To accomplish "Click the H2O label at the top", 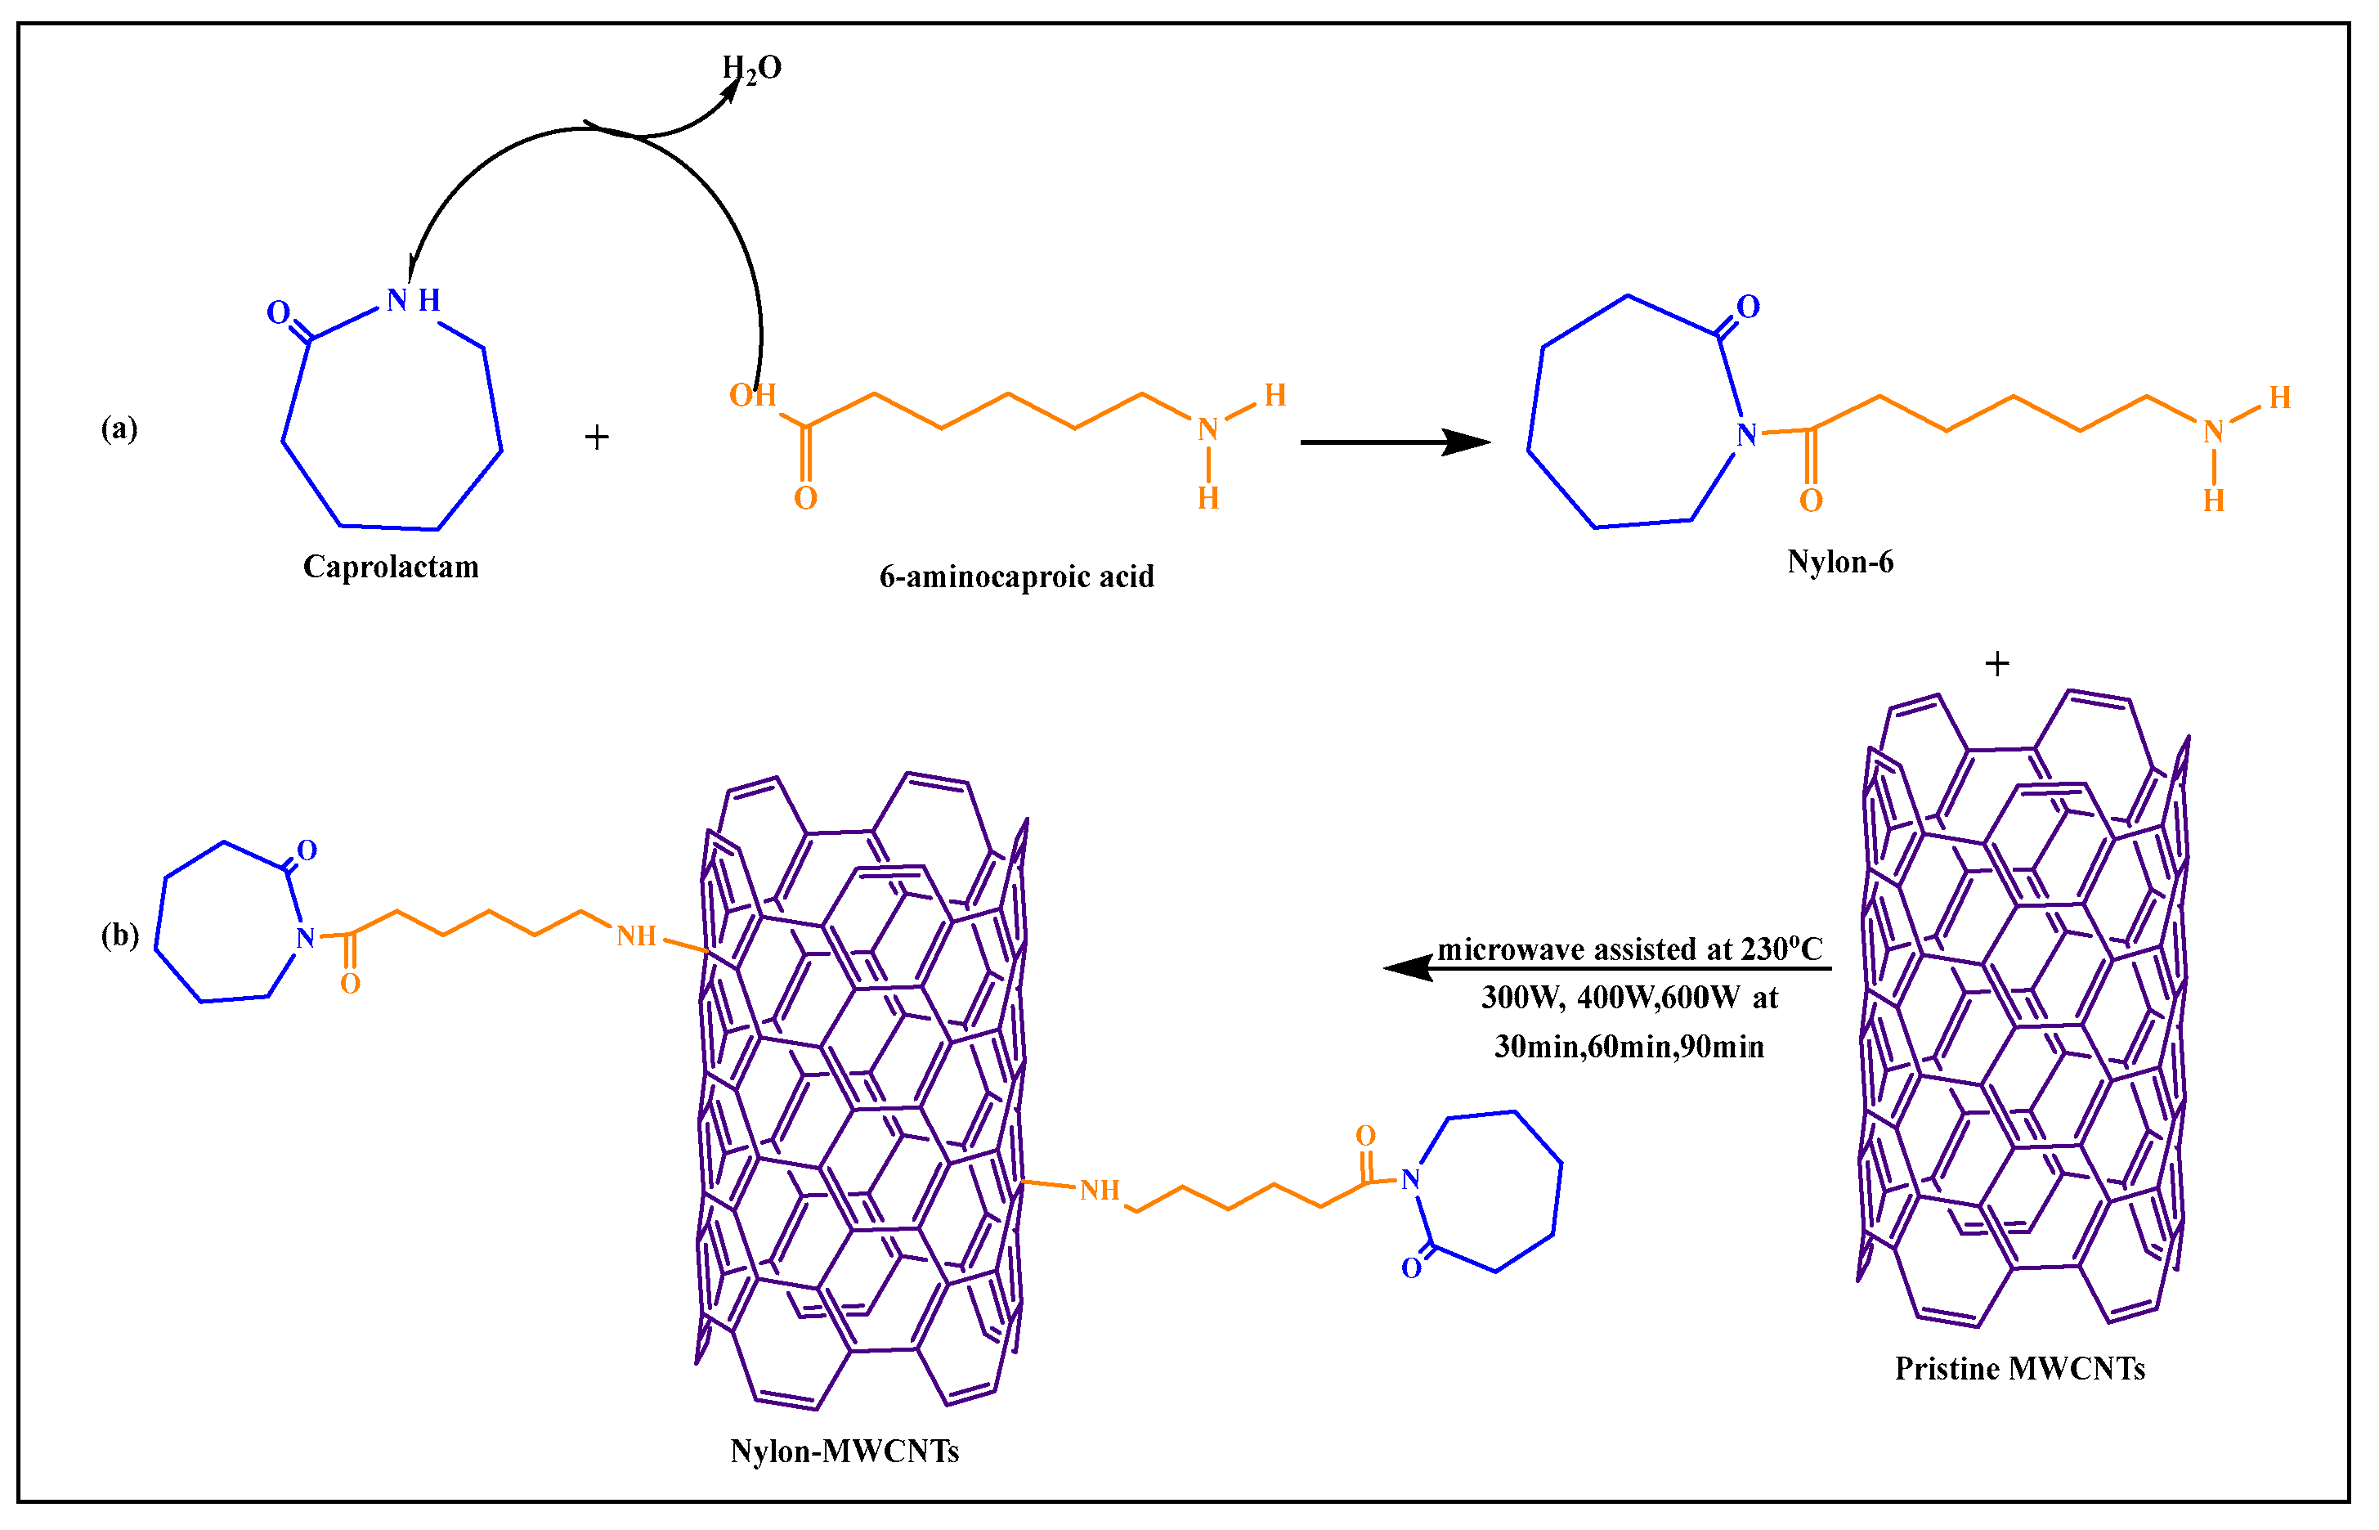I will point(751,69).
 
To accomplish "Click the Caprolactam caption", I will point(391,568).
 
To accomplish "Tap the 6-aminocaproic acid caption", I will point(1016,577).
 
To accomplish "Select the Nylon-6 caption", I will point(1839,563).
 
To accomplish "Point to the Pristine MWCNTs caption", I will point(2019,1369).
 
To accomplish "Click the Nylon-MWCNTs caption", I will point(845,1451).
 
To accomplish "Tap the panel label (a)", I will point(119,428).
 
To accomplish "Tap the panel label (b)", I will point(119,935).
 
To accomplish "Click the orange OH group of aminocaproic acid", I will point(752,396).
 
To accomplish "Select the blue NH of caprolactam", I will point(412,300).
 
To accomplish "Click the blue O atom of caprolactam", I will point(278,313).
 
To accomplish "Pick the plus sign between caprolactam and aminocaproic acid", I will point(596,437).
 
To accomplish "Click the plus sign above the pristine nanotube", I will point(1996,664).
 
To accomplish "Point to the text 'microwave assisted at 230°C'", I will point(1629,949).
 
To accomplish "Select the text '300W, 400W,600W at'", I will point(1629,998).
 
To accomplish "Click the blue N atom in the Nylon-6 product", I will point(1746,434).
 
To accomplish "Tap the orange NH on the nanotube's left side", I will point(636,935).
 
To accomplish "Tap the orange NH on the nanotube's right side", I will point(1100,1190).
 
